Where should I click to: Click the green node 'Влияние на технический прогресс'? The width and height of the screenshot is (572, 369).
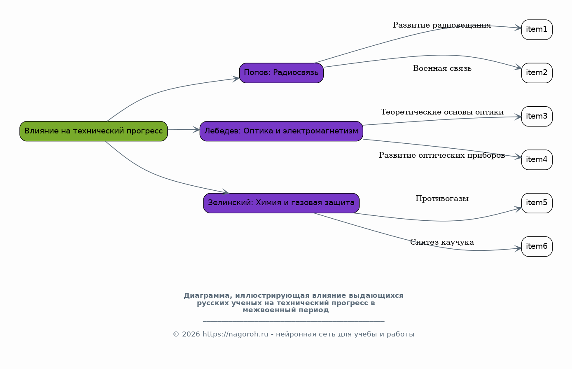93,131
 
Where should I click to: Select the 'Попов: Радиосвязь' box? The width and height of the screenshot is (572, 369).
281,73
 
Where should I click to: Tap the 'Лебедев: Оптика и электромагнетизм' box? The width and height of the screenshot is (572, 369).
281,131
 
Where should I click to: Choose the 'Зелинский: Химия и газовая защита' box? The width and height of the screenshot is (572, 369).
281,203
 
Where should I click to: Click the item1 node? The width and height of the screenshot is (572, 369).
537,30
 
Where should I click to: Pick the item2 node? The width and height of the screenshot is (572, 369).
537,73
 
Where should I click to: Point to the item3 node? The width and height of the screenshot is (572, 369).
537,117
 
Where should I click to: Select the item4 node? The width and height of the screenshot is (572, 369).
537,160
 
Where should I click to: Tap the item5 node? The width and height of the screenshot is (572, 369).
537,203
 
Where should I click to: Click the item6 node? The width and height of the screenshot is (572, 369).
537,246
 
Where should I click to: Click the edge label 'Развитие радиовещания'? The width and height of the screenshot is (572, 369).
442,25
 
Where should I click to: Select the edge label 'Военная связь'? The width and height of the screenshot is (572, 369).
442,68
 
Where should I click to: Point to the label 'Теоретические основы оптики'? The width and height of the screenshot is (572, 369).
442,112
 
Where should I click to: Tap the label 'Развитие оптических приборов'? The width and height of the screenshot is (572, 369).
442,155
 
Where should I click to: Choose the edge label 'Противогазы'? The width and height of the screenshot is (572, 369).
442,199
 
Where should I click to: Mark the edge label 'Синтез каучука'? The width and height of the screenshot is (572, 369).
442,242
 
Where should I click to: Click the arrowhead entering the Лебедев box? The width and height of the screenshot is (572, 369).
196,130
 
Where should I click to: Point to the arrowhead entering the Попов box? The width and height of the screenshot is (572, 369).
236,79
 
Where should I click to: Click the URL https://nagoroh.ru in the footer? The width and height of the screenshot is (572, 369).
235,334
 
